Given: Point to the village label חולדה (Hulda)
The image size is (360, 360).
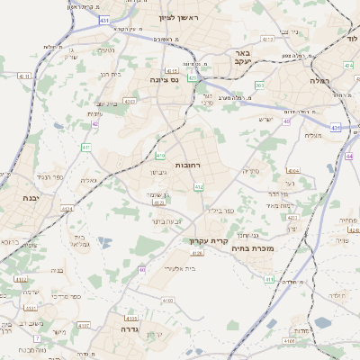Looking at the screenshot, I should coord(337,295).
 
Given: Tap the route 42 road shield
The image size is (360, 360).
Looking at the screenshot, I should coord(94,124).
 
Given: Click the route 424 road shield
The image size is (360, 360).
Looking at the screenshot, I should coord(347,66).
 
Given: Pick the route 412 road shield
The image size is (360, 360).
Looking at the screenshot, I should coord(199,187).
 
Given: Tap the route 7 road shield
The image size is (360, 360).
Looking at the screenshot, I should coord(37,338).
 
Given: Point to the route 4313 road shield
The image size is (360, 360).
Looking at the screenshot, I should coord(130,318).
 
